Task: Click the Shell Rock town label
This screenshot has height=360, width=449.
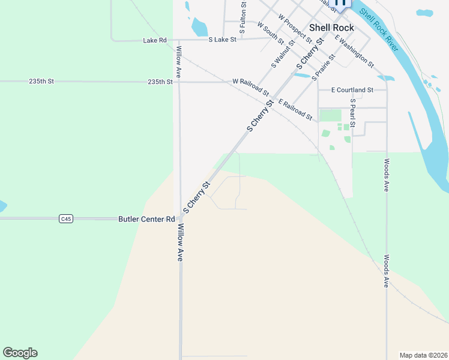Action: point(331,28)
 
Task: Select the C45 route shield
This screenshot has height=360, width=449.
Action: point(66,219)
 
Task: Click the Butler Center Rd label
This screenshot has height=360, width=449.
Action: point(146,220)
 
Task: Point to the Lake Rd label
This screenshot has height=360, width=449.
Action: point(154,40)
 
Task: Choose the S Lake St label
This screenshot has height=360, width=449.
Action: point(223,40)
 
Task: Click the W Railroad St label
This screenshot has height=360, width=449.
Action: point(251,87)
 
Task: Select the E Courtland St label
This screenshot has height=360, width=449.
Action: point(352,90)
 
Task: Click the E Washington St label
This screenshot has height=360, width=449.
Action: point(355,52)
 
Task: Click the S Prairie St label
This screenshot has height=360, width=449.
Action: point(323,68)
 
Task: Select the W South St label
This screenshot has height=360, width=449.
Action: point(271,33)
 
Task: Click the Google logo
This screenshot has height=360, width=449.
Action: point(20,353)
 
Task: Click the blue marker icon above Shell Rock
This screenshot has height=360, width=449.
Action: point(340,3)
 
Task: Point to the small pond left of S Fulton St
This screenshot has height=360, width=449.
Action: point(198,27)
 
